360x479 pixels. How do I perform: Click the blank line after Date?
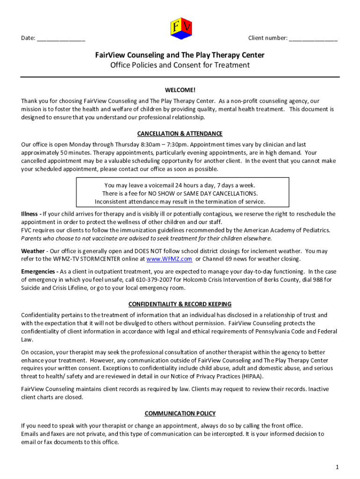click(x=61, y=39)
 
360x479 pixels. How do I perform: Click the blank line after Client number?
click(x=313, y=39)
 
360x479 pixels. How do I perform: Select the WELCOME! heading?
click(x=180, y=90)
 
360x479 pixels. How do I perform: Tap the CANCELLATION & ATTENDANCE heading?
click(x=180, y=133)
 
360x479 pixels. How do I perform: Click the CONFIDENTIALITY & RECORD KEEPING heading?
click(x=180, y=304)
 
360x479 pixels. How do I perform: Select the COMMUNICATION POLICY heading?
click(x=180, y=414)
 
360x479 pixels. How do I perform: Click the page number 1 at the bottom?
click(x=337, y=467)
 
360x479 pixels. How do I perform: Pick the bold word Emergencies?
click(x=38, y=271)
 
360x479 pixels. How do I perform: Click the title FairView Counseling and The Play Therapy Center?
click(x=180, y=55)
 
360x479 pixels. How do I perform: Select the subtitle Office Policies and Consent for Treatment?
click(x=180, y=65)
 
